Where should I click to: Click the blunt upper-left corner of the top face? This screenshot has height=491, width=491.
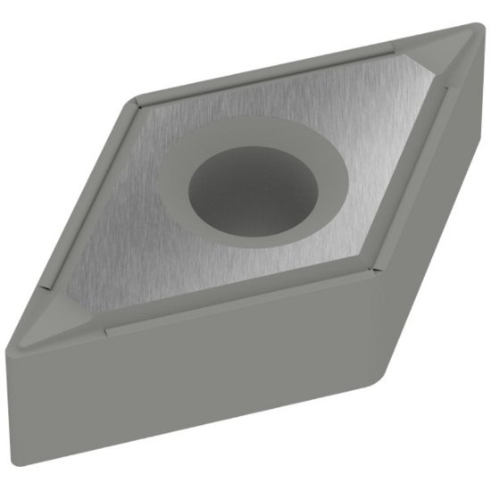pyautogui.click(x=132, y=96)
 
